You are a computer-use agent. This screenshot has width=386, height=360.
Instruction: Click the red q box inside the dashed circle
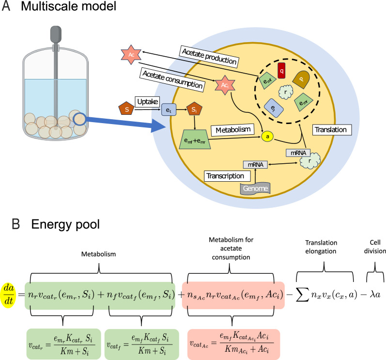pyautogui.click(x=281, y=71)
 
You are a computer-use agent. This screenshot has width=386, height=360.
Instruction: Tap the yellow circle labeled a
pyautogui.click(x=267, y=137)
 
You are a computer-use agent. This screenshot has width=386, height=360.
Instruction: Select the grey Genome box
pyautogui.click(x=255, y=188)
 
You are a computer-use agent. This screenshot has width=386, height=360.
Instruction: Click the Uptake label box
pyautogui.click(x=147, y=101)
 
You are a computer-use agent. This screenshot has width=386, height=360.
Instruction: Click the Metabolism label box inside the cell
pyautogui.click(x=232, y=130)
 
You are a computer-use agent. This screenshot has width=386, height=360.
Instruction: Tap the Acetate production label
pyautogui.click(x=209, y=56)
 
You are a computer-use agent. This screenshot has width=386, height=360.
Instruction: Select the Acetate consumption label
pyautogui.click(x=172, y=80)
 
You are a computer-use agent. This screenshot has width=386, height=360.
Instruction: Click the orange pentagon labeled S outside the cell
pyautogui.click(x=126, y=109)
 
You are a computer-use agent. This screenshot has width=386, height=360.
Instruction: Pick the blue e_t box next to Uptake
pyautogui.click(x=169, y=110)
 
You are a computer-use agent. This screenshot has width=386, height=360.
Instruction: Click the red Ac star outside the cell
pyautogui.click(x=131, y=55)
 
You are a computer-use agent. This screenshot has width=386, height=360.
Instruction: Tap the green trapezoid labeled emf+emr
pyautogui.click(x=195, y=140)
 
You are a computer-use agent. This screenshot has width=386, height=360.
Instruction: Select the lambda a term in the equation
pyautogui.click(x=375, y=295)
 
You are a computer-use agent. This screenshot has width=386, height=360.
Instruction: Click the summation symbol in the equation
pyautogui.click(x=302, y=295)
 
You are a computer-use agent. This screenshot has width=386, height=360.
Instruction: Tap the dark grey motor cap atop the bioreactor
pyautogui.click(x=56, y=34)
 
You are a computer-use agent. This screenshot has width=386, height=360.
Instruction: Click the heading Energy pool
pyautogui.click(x=65, y=224)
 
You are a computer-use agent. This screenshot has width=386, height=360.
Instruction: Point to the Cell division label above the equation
pyautogui.click(x=375, y=247)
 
